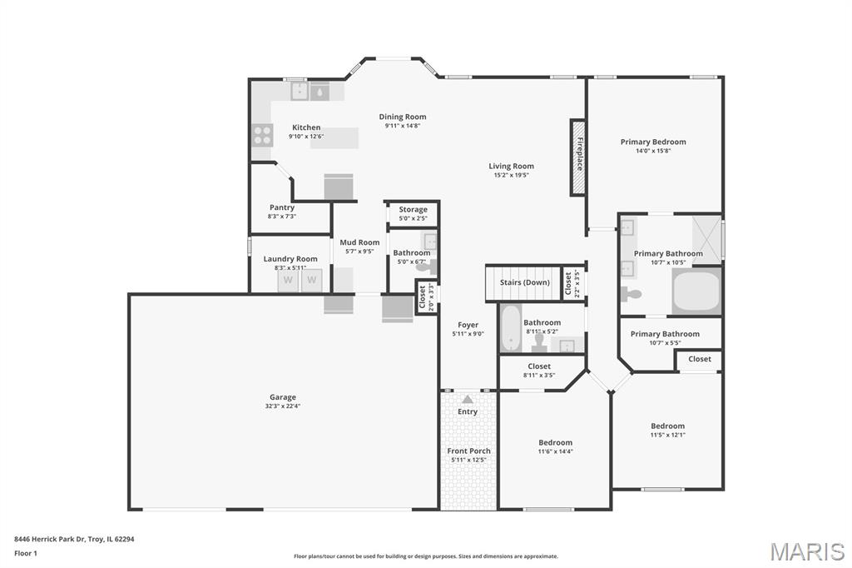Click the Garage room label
[283, 397]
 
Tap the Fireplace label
[580, 154]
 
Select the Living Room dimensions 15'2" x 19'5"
[512, 175]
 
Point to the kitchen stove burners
[262, 136]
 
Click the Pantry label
[282, 207]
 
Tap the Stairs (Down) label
[525, 282]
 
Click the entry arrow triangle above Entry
[468, 399]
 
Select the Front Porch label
[469, 451]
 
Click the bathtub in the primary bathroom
[696, 291]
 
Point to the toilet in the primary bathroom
[632, 294]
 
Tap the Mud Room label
[359, 242]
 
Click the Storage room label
[413, 210]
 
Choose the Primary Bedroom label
[653, 142]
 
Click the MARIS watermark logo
[807, 551]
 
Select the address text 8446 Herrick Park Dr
[50, 539]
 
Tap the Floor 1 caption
[26, 553]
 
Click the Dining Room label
[403, 117]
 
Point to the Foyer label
[468, 325]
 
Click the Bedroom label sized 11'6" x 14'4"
[555, 442]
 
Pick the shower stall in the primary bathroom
[706, 241]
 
